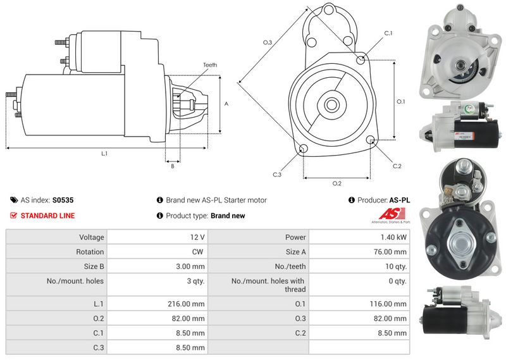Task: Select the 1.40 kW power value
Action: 396,237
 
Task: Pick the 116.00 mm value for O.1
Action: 391,304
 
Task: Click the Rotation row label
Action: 90,252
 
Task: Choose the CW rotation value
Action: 198,252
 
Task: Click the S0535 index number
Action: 63,200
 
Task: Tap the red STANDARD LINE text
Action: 47,216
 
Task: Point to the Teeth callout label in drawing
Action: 210,65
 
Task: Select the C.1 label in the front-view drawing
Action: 388,33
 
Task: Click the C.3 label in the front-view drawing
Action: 277,174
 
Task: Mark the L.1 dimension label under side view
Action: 104,154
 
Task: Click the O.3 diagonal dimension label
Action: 268,42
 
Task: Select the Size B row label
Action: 93,266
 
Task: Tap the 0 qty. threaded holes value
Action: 397,281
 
